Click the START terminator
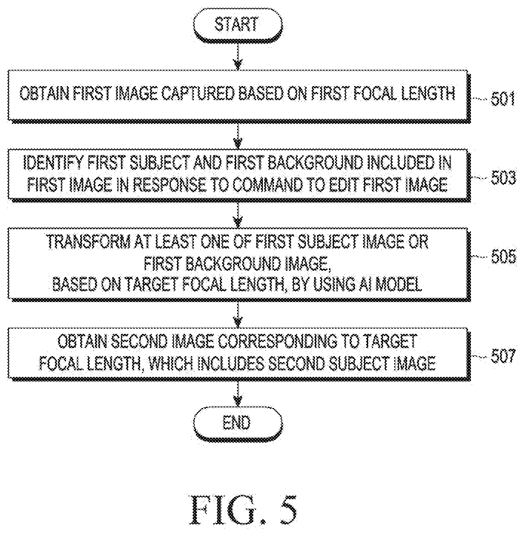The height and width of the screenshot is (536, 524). [x=238, y=25]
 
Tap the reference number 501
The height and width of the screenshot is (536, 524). [x=503, y=99]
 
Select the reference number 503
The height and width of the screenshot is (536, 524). [x=503, y=178]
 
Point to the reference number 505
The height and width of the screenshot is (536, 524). [x=504, y=257]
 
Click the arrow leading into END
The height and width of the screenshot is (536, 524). [x=238, y=394]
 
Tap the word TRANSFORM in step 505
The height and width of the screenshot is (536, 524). [x=88, y=241]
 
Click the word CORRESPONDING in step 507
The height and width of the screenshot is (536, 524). [x=277, y=342]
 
